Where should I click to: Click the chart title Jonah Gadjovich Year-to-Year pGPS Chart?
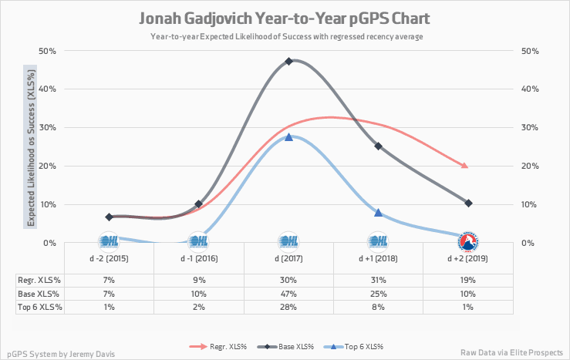pyautogui.click(x=285, y=18)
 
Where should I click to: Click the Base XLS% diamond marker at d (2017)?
pyautogui.click(x=288, y=61)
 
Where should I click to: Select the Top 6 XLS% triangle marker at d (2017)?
pyautogui.click(x=288, y=136)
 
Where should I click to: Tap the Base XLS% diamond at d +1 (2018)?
pyautogui.click(x=378, y=146)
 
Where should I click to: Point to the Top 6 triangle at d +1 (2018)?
pyautogui.click(x=378, y=212)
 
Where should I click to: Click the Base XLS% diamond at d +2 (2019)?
pyautogui.click(x=468, y=203)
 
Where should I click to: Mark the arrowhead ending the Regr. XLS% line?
pyautogui.click(x=464, y=166)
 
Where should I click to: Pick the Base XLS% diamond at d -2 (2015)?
pyautogui.click(x=109, y=217)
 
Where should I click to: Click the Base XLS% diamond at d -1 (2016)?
pyautogui.click(x=198, y=204)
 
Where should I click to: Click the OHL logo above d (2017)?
pyautogui.click(x=288, y=241)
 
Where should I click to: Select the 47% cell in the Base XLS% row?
pyautogui.click(x=288, y=293)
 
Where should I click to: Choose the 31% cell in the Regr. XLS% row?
pyautogui.click(x=378, y=279)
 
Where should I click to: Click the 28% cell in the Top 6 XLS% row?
pyautogui.click(x=288, y=307)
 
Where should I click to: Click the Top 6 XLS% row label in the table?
pyautogui.click(x=40, y=307)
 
